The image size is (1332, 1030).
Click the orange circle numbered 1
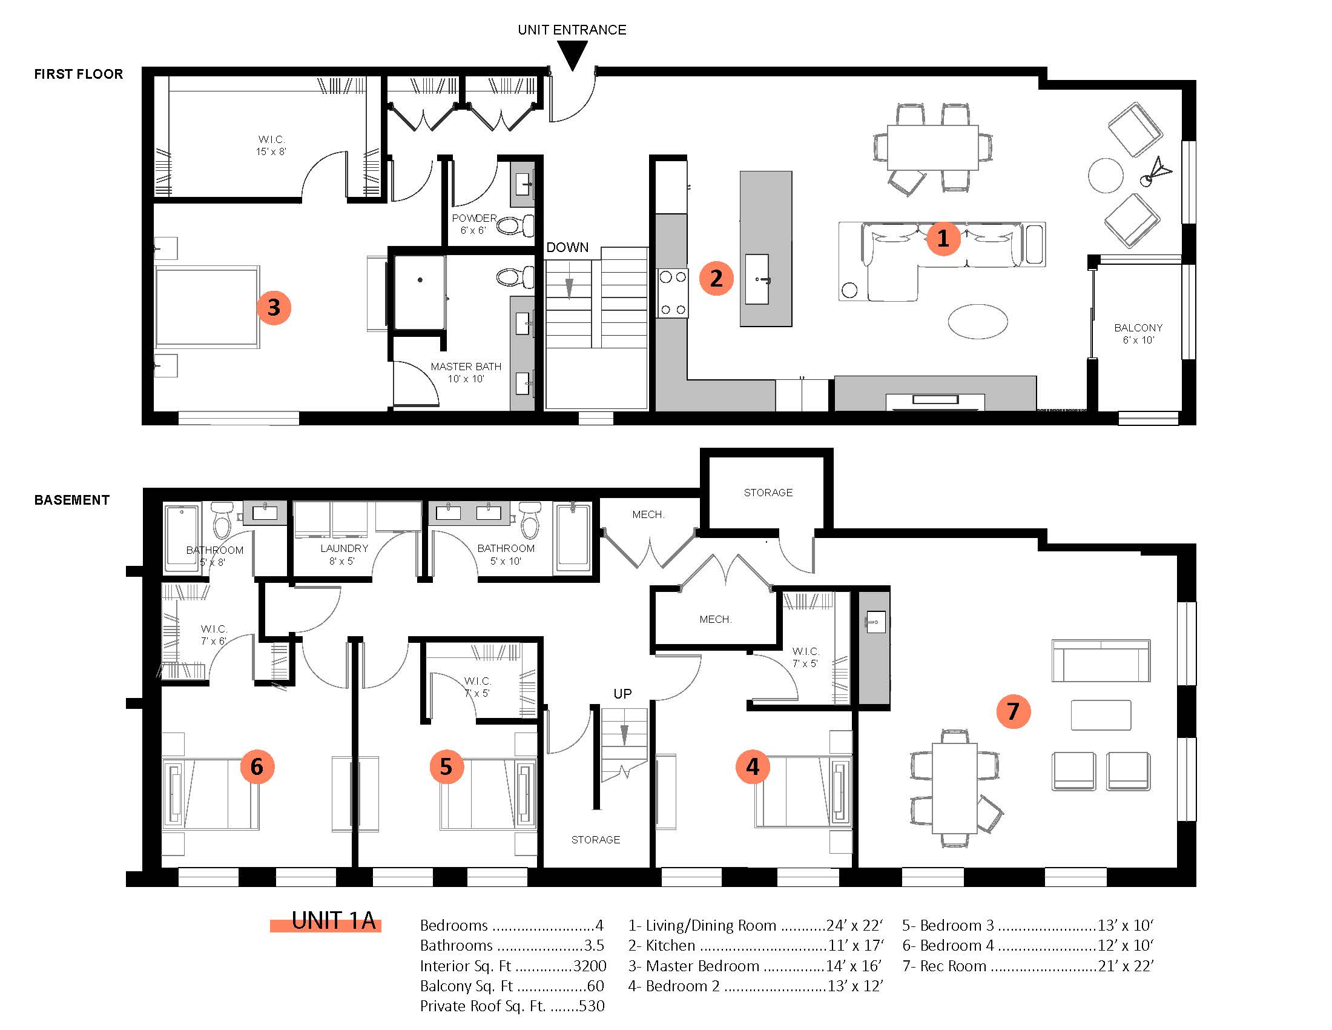pos(943,238)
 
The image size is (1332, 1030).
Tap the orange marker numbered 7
pos(1013,711)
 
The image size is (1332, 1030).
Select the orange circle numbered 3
pos(274,307)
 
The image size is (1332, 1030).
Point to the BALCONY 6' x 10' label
pos(1138,334)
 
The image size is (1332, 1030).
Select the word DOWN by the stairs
pos(567,247)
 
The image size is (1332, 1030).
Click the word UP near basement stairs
pos(622,694)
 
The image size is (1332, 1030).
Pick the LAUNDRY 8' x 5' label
pos(344,554)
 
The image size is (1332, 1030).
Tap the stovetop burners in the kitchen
pos(673,293)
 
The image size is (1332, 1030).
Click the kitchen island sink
pos(757,279)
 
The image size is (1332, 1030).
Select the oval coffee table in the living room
pos(978,321)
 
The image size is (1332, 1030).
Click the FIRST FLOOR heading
pos(79,74)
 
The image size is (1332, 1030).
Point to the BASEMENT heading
pos(72,500)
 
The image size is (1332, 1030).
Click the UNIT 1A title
pos(333,921)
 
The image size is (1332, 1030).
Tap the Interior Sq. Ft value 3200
pos(590,966)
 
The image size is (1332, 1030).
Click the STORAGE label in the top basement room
pos(768,493)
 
